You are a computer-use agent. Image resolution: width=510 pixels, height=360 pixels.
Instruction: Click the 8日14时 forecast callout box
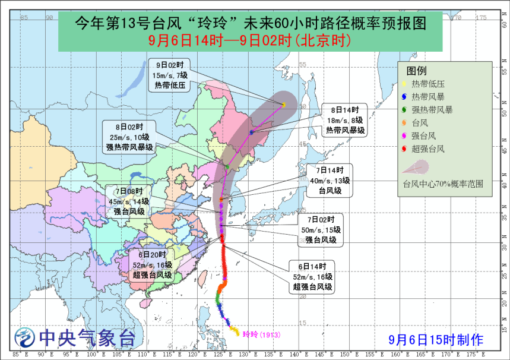[x=344, y=120]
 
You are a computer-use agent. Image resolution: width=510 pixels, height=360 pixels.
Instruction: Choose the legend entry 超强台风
[x=428, y=149]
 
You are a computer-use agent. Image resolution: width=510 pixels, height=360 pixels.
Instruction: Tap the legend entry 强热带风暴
[x=432, y=110]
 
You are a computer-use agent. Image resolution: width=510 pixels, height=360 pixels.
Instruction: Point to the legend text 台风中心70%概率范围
[x=442, y=184]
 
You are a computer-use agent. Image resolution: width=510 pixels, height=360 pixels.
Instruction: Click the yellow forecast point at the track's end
[x=284, y=105]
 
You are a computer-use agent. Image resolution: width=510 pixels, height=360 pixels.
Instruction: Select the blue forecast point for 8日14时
[x=252, y=132]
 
